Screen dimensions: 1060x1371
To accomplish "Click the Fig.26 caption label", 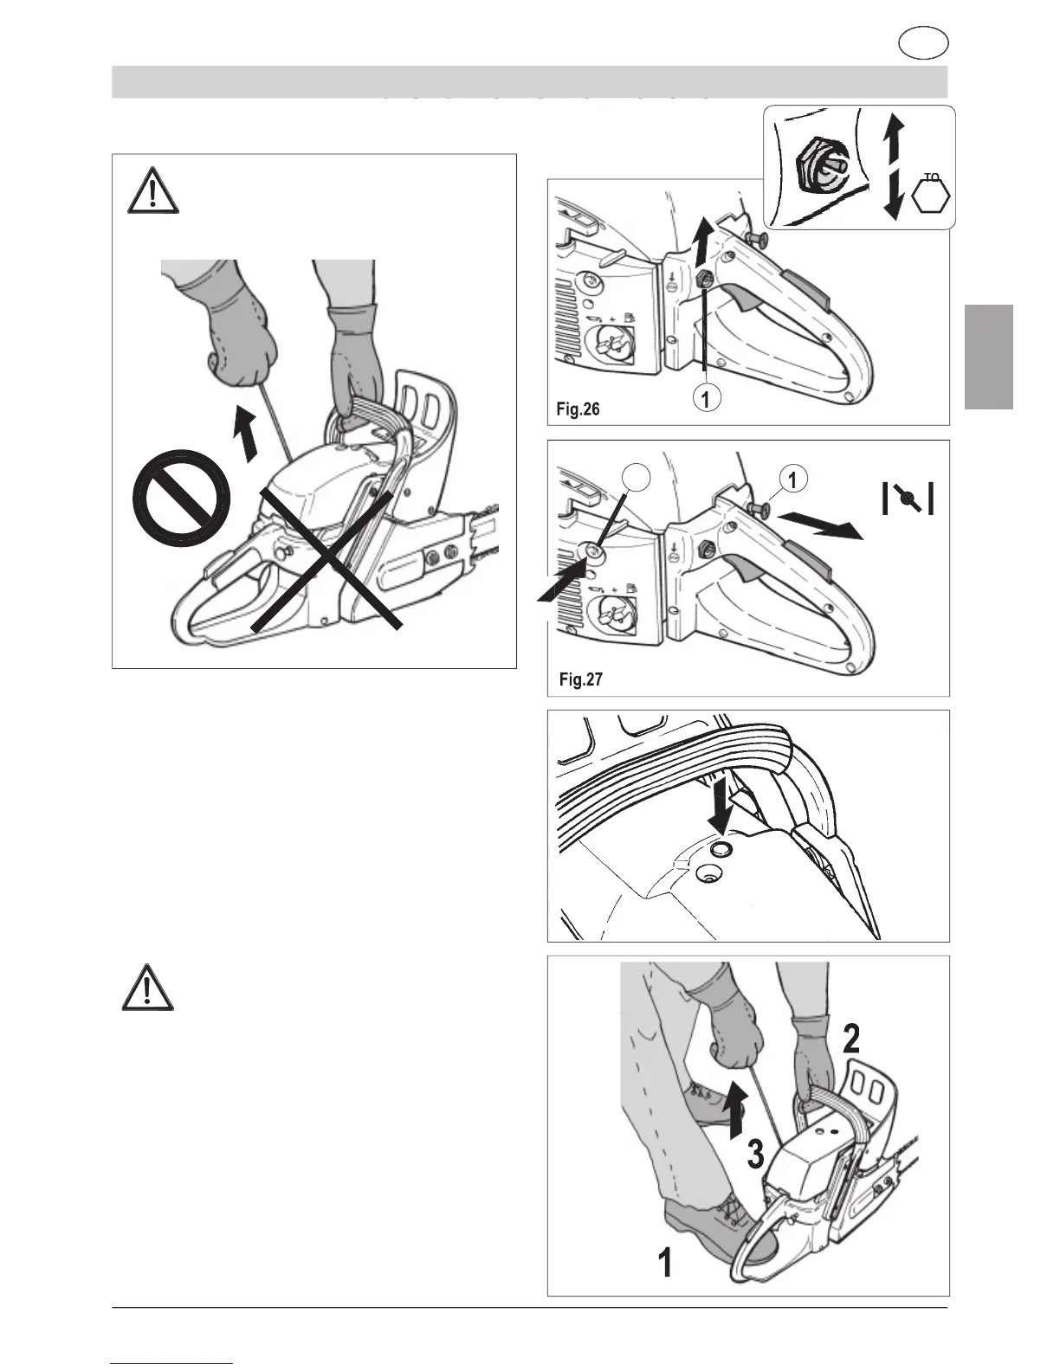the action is pyautogui.click(x=578, y=409).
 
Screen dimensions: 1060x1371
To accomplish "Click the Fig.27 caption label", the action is pyautogui.click(x=579, y=679).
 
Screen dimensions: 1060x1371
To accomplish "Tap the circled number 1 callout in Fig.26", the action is pyautogui.click(x=708, y=398).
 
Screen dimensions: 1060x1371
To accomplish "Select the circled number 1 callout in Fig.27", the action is pyautogui.click(x=794, y=478).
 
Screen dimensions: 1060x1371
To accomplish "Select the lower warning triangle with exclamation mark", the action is pyautogui.click(x=147, y=987).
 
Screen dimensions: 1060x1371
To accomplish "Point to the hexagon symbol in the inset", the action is pyautogui.click(x=931, y=197).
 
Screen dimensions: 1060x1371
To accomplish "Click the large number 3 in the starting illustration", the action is pyautogui.click(x=755, y=1155).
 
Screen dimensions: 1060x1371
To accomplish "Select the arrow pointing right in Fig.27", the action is pyautogui.click(x=818, y=527).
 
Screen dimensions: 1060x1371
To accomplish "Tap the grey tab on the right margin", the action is pyautogui.click(x=989, y=355).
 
